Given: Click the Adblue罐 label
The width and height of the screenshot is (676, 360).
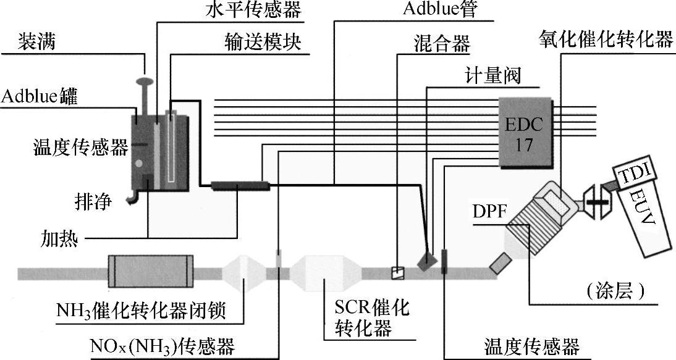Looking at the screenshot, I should (38, 98).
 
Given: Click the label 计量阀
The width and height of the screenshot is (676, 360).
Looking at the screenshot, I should (492, 76).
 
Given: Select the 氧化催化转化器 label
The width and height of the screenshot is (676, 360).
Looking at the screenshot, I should (605, 41).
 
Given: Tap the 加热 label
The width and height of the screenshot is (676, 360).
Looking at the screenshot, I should (60, 237).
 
